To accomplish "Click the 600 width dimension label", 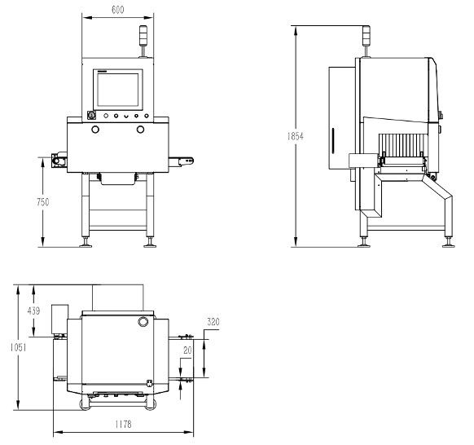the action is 117,10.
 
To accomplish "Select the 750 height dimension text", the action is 42,202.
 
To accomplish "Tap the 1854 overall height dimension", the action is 295,136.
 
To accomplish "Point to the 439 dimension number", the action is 33,311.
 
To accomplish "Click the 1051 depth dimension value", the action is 18,347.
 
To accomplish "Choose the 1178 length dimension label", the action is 123,425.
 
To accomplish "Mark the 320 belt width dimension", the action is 213,322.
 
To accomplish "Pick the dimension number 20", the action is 187,350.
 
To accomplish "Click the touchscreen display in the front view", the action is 118,90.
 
